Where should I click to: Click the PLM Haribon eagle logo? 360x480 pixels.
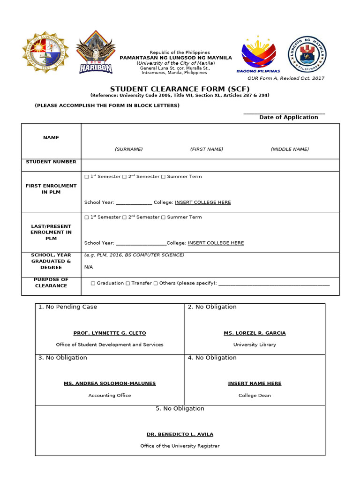96,52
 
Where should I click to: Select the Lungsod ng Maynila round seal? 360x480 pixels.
307,54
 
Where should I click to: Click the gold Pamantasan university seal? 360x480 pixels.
45,52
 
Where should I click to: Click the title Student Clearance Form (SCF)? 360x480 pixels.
180,89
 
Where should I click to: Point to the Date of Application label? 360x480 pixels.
288,117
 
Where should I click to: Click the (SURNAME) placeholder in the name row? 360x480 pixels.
128,149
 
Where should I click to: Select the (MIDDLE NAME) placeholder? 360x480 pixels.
290,149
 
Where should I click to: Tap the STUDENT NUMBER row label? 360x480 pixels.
51,162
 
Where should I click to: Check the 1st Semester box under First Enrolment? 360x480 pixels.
86,177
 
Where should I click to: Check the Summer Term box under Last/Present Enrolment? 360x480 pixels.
163,217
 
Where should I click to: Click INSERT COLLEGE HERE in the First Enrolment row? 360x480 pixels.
202,202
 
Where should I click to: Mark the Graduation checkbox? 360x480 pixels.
93,284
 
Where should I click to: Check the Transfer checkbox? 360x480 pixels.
127,284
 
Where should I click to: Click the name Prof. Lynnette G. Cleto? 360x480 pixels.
110,333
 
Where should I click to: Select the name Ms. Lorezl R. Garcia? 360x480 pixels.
255,333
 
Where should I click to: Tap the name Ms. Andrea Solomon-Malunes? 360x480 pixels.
110,383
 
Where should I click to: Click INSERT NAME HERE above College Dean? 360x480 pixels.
255,383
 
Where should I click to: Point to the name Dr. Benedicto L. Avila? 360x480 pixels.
180,434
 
